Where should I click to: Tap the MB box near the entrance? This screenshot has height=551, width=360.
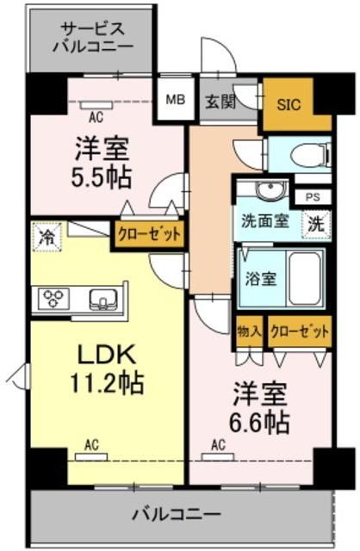pos(175,100)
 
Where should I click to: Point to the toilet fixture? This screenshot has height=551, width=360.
pos(306,155)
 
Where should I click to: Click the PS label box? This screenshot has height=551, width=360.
pos(312,195)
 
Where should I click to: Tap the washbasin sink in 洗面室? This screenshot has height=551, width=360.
pos(269,190)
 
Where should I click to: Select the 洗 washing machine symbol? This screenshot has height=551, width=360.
pos(318,221)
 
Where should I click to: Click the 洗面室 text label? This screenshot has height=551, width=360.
pos(264,220)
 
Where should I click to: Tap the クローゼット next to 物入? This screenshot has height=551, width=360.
pos(299,330)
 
